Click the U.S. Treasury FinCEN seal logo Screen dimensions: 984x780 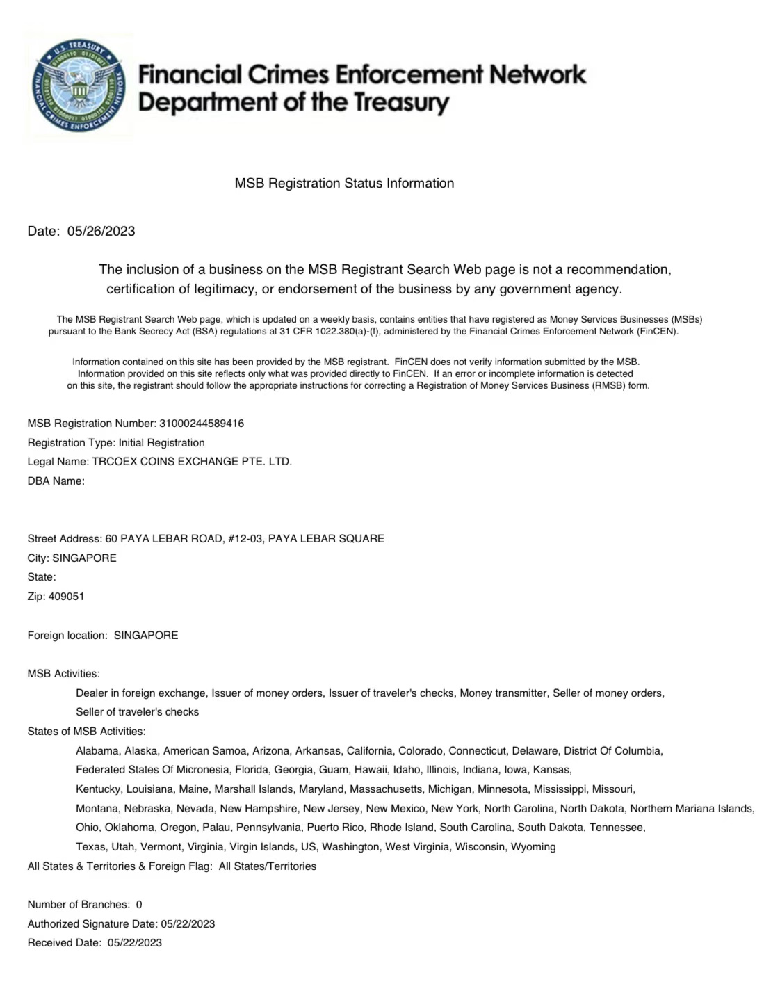77,86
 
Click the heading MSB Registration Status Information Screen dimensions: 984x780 344,183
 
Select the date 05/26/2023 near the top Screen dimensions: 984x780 101,231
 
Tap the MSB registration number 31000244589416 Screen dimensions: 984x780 202,423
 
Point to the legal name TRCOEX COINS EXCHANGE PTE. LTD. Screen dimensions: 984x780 192,461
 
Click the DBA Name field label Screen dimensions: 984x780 56,481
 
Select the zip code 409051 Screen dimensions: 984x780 66,596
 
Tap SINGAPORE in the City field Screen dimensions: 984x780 84,558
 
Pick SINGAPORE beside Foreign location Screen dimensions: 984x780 146,635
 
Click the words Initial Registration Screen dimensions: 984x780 162,442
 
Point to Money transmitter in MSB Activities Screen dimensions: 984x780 503,693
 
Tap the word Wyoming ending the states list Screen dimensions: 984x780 533,846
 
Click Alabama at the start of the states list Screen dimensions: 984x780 97,750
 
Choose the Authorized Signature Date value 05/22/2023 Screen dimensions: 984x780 188,923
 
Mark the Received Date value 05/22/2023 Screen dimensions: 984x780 135,942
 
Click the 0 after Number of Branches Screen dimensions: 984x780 139,904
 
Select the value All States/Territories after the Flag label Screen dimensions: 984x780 268,866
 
